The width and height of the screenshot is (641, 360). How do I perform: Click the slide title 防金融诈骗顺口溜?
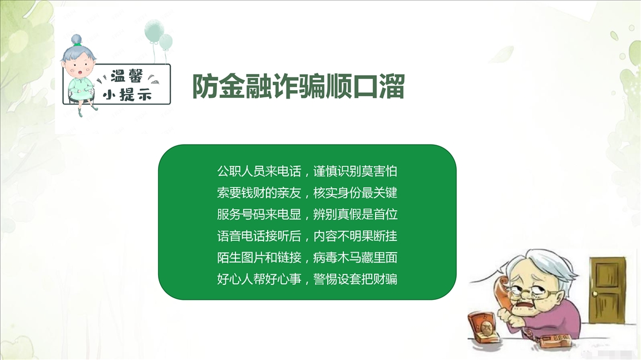(298, 86)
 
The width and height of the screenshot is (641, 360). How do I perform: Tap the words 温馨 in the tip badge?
(127, 76)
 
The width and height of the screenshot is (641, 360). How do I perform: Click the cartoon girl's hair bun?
(76, 40)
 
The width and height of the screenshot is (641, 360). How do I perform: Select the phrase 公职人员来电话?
(259, 171)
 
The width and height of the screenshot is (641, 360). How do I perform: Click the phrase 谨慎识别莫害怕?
(355, 171)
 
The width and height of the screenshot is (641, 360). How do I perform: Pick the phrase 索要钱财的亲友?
(259, 193)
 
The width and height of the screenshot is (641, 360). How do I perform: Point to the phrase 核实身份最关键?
(355, 193)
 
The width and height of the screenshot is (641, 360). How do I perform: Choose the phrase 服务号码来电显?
(259, 215)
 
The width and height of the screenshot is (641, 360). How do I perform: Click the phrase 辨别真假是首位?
(355, 215)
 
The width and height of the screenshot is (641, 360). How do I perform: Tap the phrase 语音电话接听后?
(259, 236)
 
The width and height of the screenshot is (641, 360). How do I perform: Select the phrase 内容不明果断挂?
(355, 236)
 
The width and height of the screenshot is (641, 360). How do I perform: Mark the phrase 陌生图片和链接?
(259, 258)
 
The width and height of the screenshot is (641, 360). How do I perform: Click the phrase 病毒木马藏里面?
(355, 258)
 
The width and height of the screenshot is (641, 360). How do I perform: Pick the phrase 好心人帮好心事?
(259, 279)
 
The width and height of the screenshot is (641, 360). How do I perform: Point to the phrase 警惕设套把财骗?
(355, 279)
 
